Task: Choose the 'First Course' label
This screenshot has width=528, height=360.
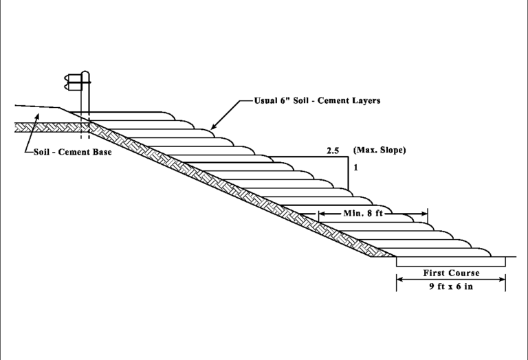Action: [451, 273]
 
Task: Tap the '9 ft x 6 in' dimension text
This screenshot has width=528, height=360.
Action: [451, 286]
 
